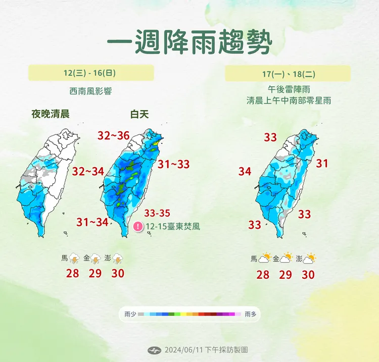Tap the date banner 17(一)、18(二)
289,74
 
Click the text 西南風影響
90,91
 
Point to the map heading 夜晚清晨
50,114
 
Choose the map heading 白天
139,114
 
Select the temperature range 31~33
173,164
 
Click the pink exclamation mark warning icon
137,227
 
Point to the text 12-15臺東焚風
172,227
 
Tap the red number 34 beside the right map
245,172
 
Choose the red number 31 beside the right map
322,163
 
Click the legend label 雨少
130,314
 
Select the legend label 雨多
250,314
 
